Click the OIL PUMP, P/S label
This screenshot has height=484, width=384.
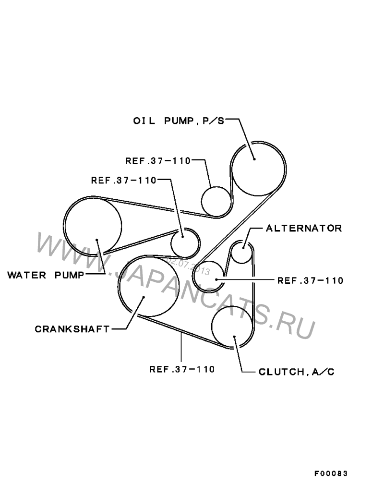tap(179, 121)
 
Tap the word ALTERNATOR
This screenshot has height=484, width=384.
tap(304, 228)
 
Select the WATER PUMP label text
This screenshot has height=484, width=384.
tap(46, 275)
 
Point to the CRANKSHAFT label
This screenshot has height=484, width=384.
tap(72, 329)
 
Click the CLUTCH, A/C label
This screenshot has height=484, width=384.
tap(297, 372)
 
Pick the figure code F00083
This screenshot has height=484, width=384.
tap(331, 473)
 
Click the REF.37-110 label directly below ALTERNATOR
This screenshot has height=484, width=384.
tap(310, 280)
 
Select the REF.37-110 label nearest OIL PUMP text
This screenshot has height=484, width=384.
tap(158, 161)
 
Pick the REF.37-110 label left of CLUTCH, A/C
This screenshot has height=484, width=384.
tap(182, 369)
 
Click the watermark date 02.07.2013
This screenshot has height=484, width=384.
tap(188, 267)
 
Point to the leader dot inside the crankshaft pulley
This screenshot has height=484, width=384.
tap(144, 297)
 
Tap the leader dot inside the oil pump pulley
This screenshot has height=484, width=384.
tap(254, 159)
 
